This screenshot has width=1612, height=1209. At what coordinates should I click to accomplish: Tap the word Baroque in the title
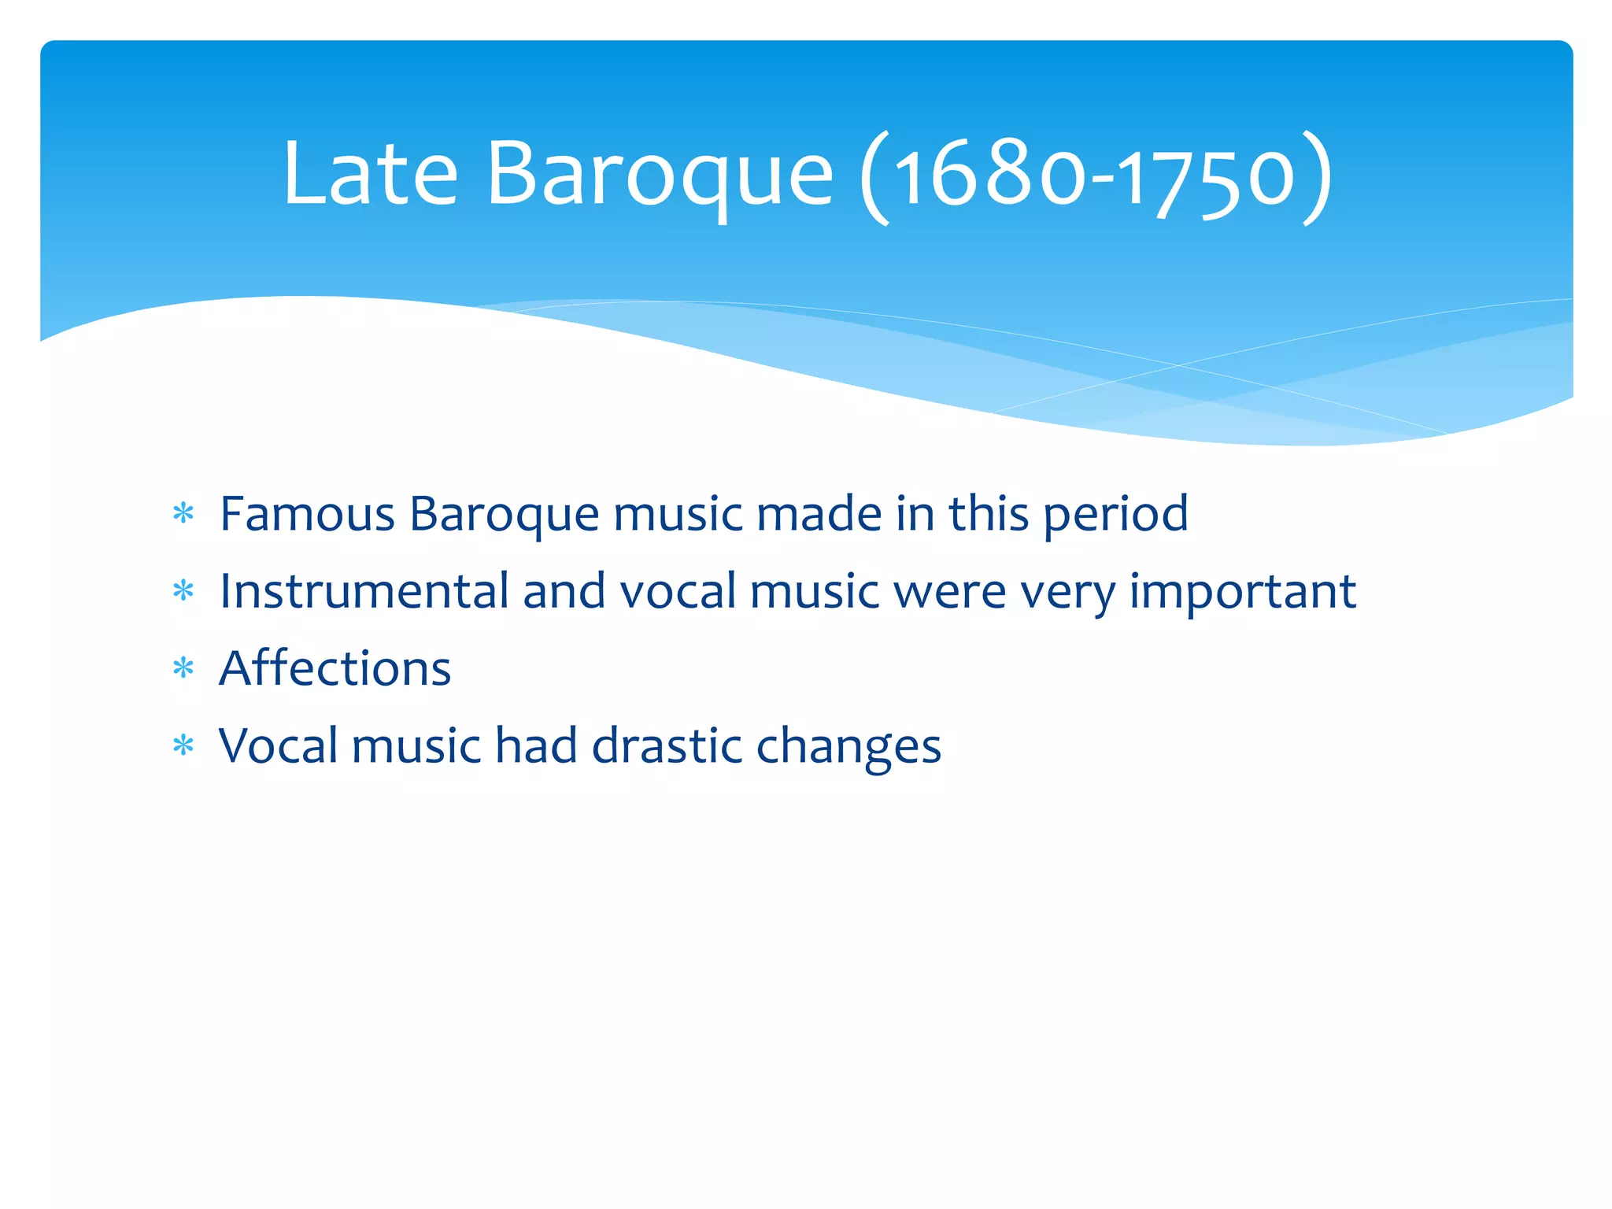[x=660, y=175]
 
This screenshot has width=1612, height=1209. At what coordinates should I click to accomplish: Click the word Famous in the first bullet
[x=307, y=514]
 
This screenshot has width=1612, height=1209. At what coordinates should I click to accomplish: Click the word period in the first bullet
[x=1115, y=516]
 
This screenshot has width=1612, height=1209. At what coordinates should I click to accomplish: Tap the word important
[x=1243, y=593]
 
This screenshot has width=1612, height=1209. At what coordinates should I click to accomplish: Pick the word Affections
[x=335, y=668]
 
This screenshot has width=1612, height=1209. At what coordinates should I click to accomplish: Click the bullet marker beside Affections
[x=183, y=669]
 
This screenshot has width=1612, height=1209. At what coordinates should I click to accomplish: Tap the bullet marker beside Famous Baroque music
[x=183, y=515]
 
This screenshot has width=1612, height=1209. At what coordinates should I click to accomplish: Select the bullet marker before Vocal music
[x=183, y=745]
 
